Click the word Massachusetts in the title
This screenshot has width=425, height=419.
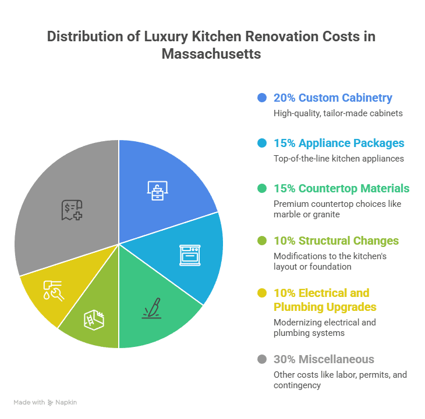click(211, 54)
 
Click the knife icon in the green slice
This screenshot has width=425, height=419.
click(150, 308)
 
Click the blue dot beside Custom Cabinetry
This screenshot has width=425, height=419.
click(262, 98)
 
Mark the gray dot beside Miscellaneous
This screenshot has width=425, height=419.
click(262, 359)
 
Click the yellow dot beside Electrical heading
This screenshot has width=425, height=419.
click(262, 293)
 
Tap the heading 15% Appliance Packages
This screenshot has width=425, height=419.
click(339, 143)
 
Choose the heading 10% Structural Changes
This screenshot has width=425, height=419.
click(336, 241)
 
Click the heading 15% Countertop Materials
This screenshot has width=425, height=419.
click(341, 188)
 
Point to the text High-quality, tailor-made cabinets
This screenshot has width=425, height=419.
click(338, 113)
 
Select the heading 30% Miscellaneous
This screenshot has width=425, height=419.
click(324, 359)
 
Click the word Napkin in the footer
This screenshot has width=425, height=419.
click(66, 402)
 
